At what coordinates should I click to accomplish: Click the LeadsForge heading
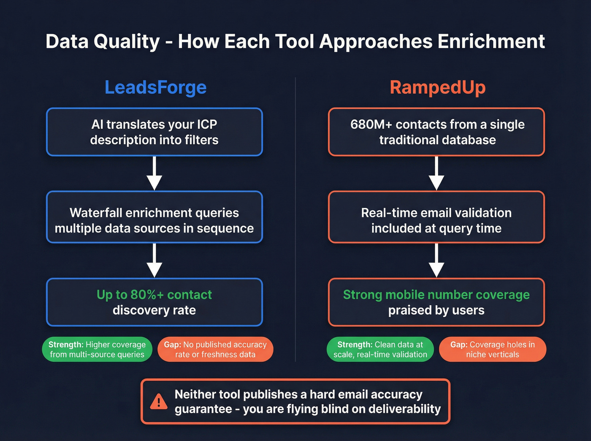[155, 87]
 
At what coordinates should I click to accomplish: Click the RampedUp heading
[437, 87]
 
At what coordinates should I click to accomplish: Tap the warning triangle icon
[159, 401]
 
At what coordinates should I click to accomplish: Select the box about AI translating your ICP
[155, 132]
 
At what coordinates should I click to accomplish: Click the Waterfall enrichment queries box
[155, 220]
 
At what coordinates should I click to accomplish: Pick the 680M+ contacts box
[436, 132]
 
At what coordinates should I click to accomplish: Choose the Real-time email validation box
[436, 220]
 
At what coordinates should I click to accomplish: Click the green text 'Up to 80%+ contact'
[155, 295]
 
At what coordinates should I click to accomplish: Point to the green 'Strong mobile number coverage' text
[436, 295]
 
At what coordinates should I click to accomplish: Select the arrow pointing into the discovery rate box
[155, 261]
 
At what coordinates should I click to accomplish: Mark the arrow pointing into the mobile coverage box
[436, 261]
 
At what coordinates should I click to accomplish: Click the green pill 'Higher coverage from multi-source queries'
[97, 349]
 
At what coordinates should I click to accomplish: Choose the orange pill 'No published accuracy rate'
[215, 349]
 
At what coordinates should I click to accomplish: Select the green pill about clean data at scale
[380, 349]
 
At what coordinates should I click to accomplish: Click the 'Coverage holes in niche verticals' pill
[493, 349]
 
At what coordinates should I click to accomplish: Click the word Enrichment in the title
[491, 41]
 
